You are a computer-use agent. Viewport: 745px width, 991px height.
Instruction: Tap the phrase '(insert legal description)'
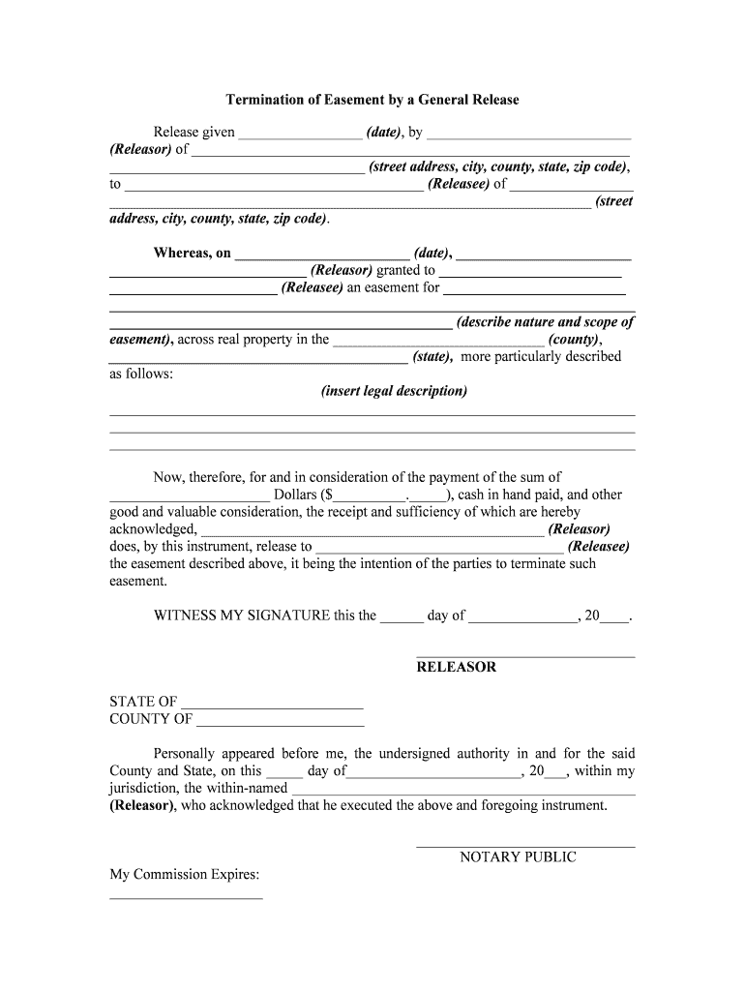394,391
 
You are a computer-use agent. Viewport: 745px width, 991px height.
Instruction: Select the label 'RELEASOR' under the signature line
456,667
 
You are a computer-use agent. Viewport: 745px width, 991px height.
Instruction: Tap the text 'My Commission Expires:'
184,875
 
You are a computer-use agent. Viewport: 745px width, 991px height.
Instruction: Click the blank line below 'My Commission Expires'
186,898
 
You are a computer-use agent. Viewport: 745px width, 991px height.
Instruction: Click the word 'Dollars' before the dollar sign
295,495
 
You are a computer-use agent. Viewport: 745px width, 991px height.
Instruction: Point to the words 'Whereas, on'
192,253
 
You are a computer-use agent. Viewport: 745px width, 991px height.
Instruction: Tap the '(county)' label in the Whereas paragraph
574,340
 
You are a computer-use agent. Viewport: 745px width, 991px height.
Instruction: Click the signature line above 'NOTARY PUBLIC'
525,847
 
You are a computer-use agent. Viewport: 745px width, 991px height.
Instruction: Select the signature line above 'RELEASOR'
525,657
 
